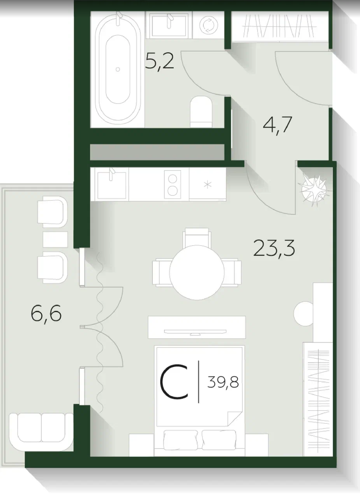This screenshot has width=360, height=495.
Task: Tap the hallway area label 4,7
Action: coord(278,125)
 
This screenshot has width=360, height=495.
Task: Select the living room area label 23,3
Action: coord(274,248)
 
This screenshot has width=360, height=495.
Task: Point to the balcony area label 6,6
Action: coord(46,314)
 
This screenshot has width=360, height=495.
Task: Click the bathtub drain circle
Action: coord(118,69)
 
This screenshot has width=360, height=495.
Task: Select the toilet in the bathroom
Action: coord(201,112)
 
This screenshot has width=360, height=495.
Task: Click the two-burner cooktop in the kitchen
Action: coord(173,184)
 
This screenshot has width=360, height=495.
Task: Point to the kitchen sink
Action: coord(112,185)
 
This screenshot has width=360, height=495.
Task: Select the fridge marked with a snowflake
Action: coord(207,184)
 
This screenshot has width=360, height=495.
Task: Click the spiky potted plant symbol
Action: coord(314,189)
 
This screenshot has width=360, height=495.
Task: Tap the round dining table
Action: coord(197,272)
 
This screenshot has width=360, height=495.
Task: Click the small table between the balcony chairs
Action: coord(55,240)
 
